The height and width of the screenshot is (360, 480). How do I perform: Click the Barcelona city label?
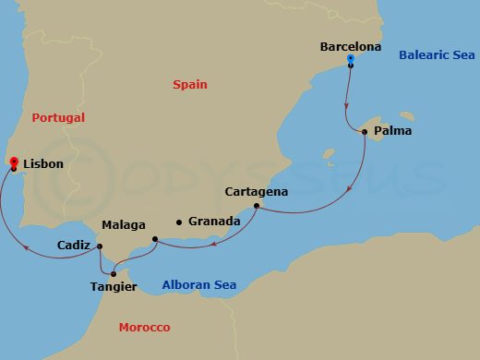pyautogui.click(x=351, y=45)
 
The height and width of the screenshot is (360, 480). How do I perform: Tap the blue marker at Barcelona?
pyautogui.click(x=351, y=60)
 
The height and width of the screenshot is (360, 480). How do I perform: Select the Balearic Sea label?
pyautogui.click(x=437, y=55)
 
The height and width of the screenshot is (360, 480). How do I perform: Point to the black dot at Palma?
pyautogui.click(x=365, y=132)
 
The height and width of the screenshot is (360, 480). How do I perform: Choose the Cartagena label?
pyautogui.click(x=257, y=192)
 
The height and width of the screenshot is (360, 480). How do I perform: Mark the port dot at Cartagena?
pyautogui.click(x=254, y=206)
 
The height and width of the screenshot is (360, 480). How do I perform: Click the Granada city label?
pyautogui.click(x=214, y=222)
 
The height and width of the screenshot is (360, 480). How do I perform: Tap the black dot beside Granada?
pyautogui.click(x=179, y=222)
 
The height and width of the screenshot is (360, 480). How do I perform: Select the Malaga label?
pyautogui.click(x=124, y=224)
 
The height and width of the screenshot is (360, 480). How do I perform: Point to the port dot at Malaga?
pyautogui.click(x=154, y=240)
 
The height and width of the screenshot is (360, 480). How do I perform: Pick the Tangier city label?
pyautogui.click(x=114, y=287)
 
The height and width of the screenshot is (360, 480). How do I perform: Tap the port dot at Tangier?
pyautogui.click(x=114, y=273)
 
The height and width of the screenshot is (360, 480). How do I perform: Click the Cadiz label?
pyautogui.click(x=73, y=246)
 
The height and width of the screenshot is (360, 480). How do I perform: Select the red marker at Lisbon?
pyautogui.click(x=13, y=162)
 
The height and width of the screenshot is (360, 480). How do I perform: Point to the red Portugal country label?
pyautogui.click(x=58, y=118)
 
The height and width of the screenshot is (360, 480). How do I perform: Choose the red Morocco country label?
pyautogui.click(x=145, y=329)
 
